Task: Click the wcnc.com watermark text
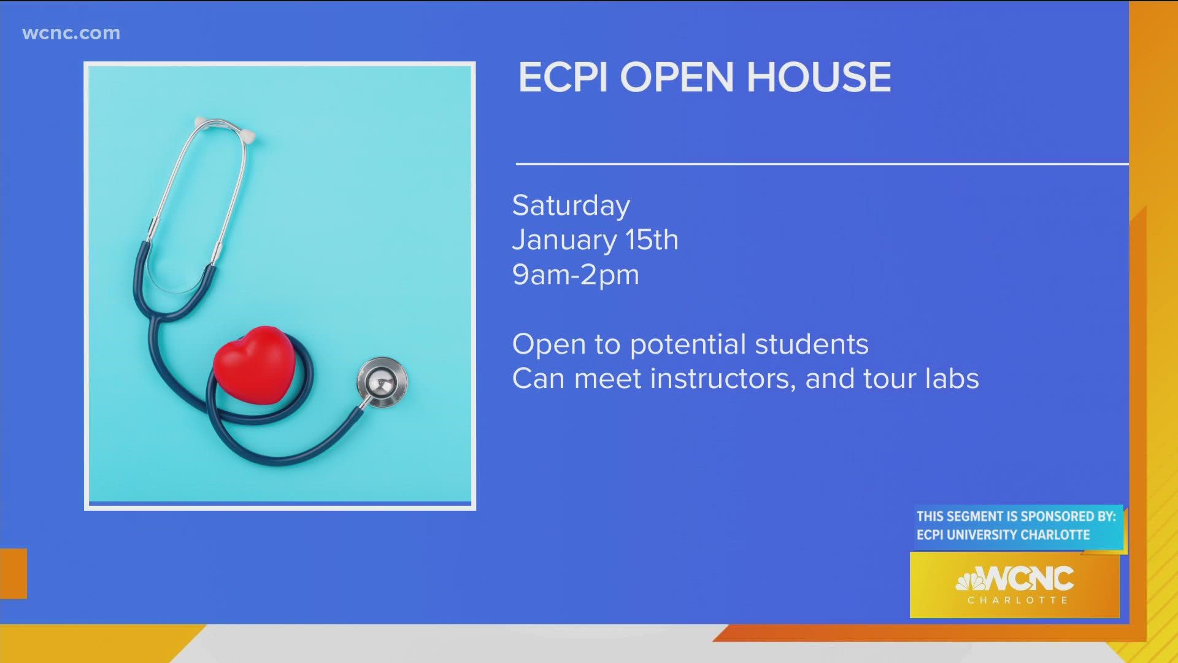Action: [71, 33]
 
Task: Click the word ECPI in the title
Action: [563, 77]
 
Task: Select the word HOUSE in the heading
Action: [818, 77]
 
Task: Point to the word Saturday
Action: [571, 206]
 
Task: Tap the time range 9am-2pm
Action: [576, 274]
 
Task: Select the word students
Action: [811, 344]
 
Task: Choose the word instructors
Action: [722, 379]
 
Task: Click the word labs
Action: [952, 379]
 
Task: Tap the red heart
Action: [254, 364]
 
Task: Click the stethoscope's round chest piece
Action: [382, 381]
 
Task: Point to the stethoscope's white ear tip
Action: [248, 136]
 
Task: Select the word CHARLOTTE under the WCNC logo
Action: [1017, 600]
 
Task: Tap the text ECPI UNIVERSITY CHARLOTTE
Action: [1003, 535]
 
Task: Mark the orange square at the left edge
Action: [13, 573]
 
